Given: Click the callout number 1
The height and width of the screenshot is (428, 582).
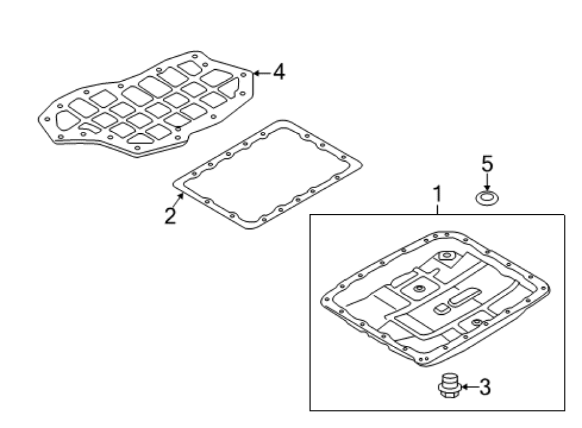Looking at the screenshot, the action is [x=438, y=194].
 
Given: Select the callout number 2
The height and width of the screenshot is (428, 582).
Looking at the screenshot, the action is [x=170, y=216].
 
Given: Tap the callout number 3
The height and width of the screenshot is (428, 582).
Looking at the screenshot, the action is [x=484, y=387].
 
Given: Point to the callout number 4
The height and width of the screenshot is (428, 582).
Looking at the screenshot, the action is [x=279, y=72].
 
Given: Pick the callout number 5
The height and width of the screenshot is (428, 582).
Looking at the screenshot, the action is [x=487, y=164].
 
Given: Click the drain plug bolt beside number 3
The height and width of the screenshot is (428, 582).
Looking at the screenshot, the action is [x=449, y=386].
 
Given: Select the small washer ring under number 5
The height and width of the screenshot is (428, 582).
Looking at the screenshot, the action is [x=487, y=198].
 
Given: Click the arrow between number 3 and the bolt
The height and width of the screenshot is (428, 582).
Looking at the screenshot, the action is [x=469, y=387].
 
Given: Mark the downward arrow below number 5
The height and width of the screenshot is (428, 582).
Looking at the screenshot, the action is [x=487, y=183].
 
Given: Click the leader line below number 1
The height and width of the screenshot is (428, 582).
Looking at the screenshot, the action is [x=438, y=209].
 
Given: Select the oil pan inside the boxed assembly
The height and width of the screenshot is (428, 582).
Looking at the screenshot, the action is [x=436, y=299].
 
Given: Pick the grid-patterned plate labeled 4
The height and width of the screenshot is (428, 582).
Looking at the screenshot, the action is [x=147, y=103].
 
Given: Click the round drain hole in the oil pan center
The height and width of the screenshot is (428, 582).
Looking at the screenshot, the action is [x=420, y=288].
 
